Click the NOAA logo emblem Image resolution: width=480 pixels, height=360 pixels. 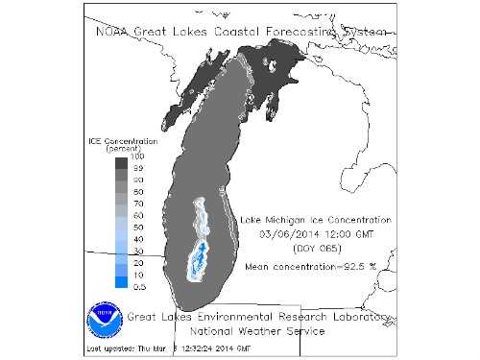[x=105, y=317]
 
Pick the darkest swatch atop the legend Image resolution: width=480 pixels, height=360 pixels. [x=120, y=164]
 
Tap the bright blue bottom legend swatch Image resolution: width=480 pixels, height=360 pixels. [x=120, y=281]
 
